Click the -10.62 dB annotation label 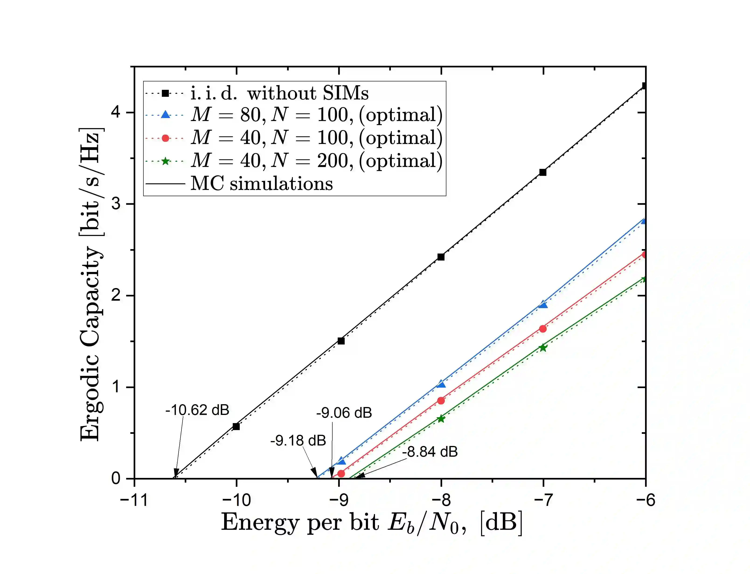(x=197, y=410)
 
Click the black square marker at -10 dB (x=236, y=426)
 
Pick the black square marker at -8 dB (x=441, y=257)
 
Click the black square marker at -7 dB (x=543, y=172)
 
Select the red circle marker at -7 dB (x=543, y=329)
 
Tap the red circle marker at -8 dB (x=441, y=400)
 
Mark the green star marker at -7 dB (x=543, y=348)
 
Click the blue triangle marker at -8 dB (x=441, y=384)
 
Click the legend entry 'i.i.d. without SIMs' (x=279, y=93)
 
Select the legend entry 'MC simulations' (x=261, y=184)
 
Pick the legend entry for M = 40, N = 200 (x=316, y=160)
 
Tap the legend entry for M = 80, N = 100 (x=316, y=115)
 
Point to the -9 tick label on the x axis (x=339, y=500)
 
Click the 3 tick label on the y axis (x=116, y=204)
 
